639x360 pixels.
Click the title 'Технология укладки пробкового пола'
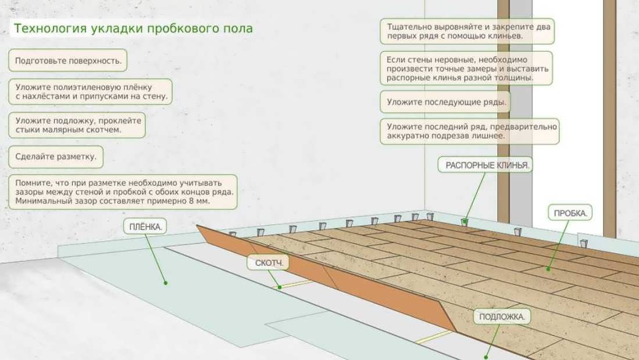(x=133, y=28)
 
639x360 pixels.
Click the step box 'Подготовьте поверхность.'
(x=68, y=60)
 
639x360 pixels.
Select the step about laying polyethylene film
(x=91, y=92)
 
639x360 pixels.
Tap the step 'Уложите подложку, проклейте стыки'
(x=77, y=125)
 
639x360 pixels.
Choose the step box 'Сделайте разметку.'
(x=56, y=156)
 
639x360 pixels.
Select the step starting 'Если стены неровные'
(x=467, y=68)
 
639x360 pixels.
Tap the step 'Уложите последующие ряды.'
(x=445, y=101)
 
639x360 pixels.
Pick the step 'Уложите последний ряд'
(x=469, y=131)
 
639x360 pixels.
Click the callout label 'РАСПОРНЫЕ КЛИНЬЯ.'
(x=487, y=165)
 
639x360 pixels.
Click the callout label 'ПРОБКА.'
(x=570, y=213)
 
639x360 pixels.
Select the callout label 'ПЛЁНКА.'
(x=143, y=227)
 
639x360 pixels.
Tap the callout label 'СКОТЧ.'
(x=269, y=263)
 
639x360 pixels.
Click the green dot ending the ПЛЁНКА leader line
(x=166, y=283)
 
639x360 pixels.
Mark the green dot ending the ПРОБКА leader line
(x=548, y=269)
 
